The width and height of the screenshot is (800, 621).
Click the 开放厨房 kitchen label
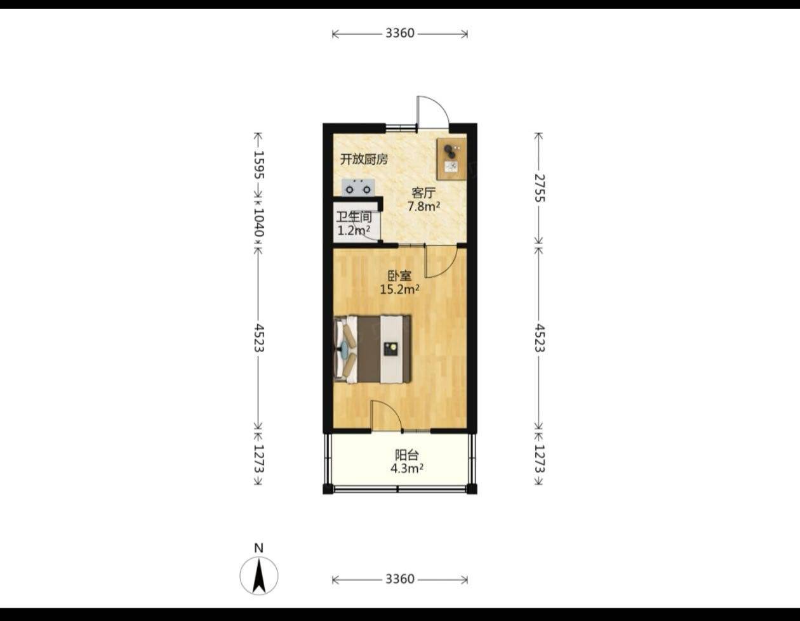[364, 160]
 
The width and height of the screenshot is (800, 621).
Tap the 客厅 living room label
[423, 193]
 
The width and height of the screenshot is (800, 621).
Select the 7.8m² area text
[423, 207]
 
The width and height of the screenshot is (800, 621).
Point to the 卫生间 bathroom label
[354, 217]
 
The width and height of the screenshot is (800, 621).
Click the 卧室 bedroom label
[400, 276]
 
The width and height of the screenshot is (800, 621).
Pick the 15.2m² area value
[400, 290]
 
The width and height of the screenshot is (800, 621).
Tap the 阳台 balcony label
[407, 455]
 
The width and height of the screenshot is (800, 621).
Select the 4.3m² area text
[407, 469]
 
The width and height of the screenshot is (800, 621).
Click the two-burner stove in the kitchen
[358, 188]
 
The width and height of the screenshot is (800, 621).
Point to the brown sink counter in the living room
[451, 159]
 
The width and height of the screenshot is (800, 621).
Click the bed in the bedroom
[372, 349]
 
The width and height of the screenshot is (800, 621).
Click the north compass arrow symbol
[259, 576]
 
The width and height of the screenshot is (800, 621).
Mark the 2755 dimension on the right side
[540, 188]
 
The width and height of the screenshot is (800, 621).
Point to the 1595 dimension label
[259, 164]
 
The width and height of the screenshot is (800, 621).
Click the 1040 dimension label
[259, 223]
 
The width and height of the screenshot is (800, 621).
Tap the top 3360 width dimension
[400, 34]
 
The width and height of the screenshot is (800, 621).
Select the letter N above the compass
[259, 548]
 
